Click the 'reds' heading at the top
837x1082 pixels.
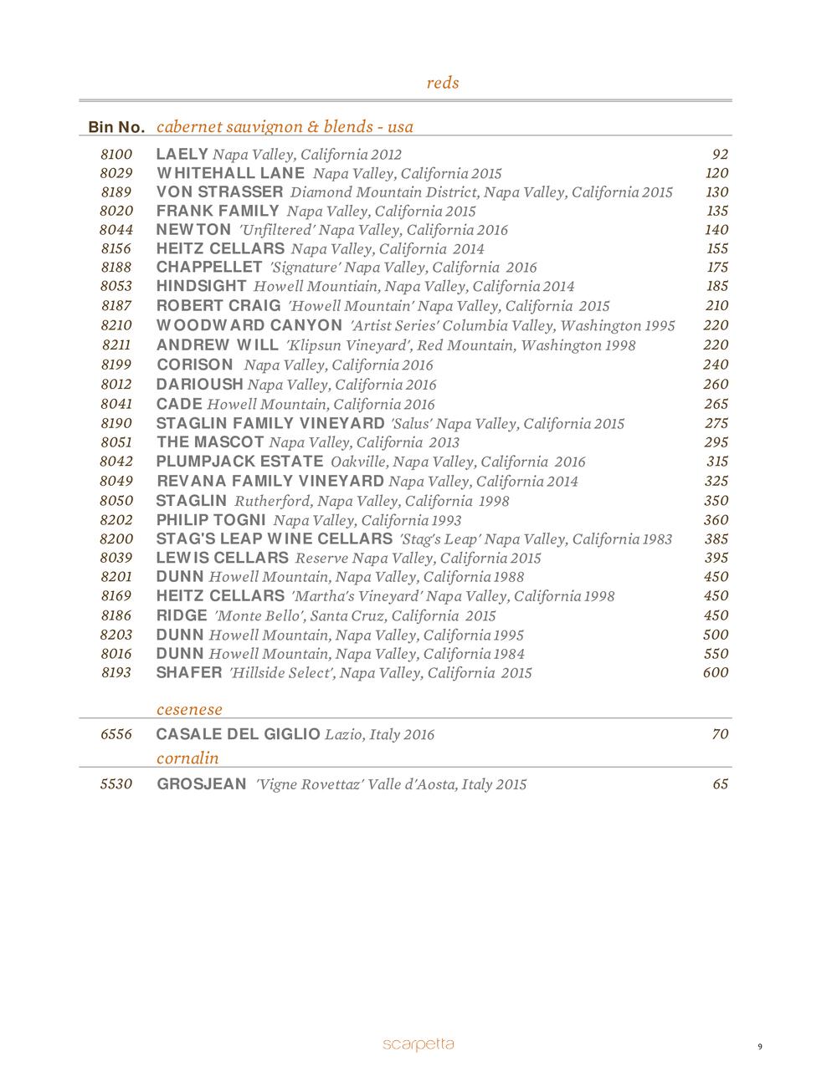(442, 83)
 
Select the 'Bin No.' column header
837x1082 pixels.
(116, 127)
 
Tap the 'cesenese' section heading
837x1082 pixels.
(189, 709)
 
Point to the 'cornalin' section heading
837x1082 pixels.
(187, 758)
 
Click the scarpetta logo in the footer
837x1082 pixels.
(418, 1044)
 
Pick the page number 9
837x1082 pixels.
(759, 1046)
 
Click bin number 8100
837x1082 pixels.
(116, 154)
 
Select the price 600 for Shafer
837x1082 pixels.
(716, 672)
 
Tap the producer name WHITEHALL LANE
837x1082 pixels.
(230, 173)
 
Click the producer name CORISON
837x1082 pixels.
(195, 365)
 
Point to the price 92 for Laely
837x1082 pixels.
(720, 154)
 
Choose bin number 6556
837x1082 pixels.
(116, 734)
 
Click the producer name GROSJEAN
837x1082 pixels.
(202, 784)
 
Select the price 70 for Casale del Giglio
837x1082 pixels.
(720, 734)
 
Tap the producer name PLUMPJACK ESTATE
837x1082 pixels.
(239, 462)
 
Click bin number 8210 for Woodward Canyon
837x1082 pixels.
(116, 325)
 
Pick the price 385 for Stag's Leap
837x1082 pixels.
(716, 538)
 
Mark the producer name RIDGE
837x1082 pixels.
(182, 615)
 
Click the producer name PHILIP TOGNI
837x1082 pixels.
(211, 519)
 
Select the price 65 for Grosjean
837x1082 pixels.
(720, 784)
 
